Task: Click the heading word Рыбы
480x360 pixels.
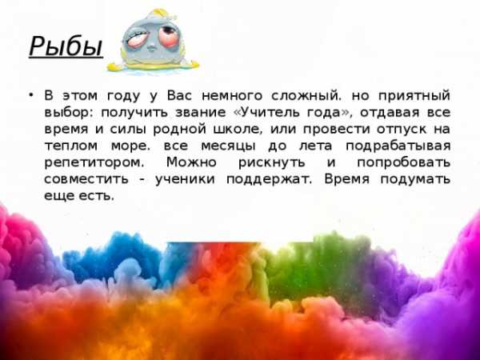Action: point(66,46)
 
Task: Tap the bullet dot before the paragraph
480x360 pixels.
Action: point(31,95)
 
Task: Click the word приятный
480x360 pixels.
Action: point(414,96)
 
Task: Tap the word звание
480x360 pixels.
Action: point(201,113)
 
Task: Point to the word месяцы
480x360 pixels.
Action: point(228,146)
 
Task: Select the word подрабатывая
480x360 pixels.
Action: point(398,146)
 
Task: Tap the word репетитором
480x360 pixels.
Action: point(94,162)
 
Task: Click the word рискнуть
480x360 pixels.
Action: point(272,162)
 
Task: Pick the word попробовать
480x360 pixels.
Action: point(403,162)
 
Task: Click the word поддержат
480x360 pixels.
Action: point(269,179)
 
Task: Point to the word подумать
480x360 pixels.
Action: point(415,179)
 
